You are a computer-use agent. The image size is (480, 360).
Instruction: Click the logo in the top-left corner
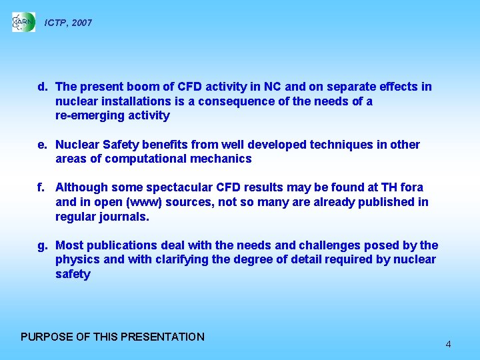(23, 22)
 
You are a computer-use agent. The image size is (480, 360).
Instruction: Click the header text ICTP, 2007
(68, 23)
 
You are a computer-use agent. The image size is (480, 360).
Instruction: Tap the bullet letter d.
(42, 87)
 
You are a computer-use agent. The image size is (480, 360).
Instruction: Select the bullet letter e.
(42, 145)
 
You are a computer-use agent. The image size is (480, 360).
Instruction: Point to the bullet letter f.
(41, 187)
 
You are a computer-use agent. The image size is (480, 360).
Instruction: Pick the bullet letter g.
(42, 245)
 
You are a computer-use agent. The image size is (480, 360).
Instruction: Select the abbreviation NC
(272, 87)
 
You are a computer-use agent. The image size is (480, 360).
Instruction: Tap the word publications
(118, 245)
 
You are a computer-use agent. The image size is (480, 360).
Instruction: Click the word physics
(77, 260)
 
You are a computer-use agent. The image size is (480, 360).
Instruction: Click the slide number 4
(448, 344)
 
